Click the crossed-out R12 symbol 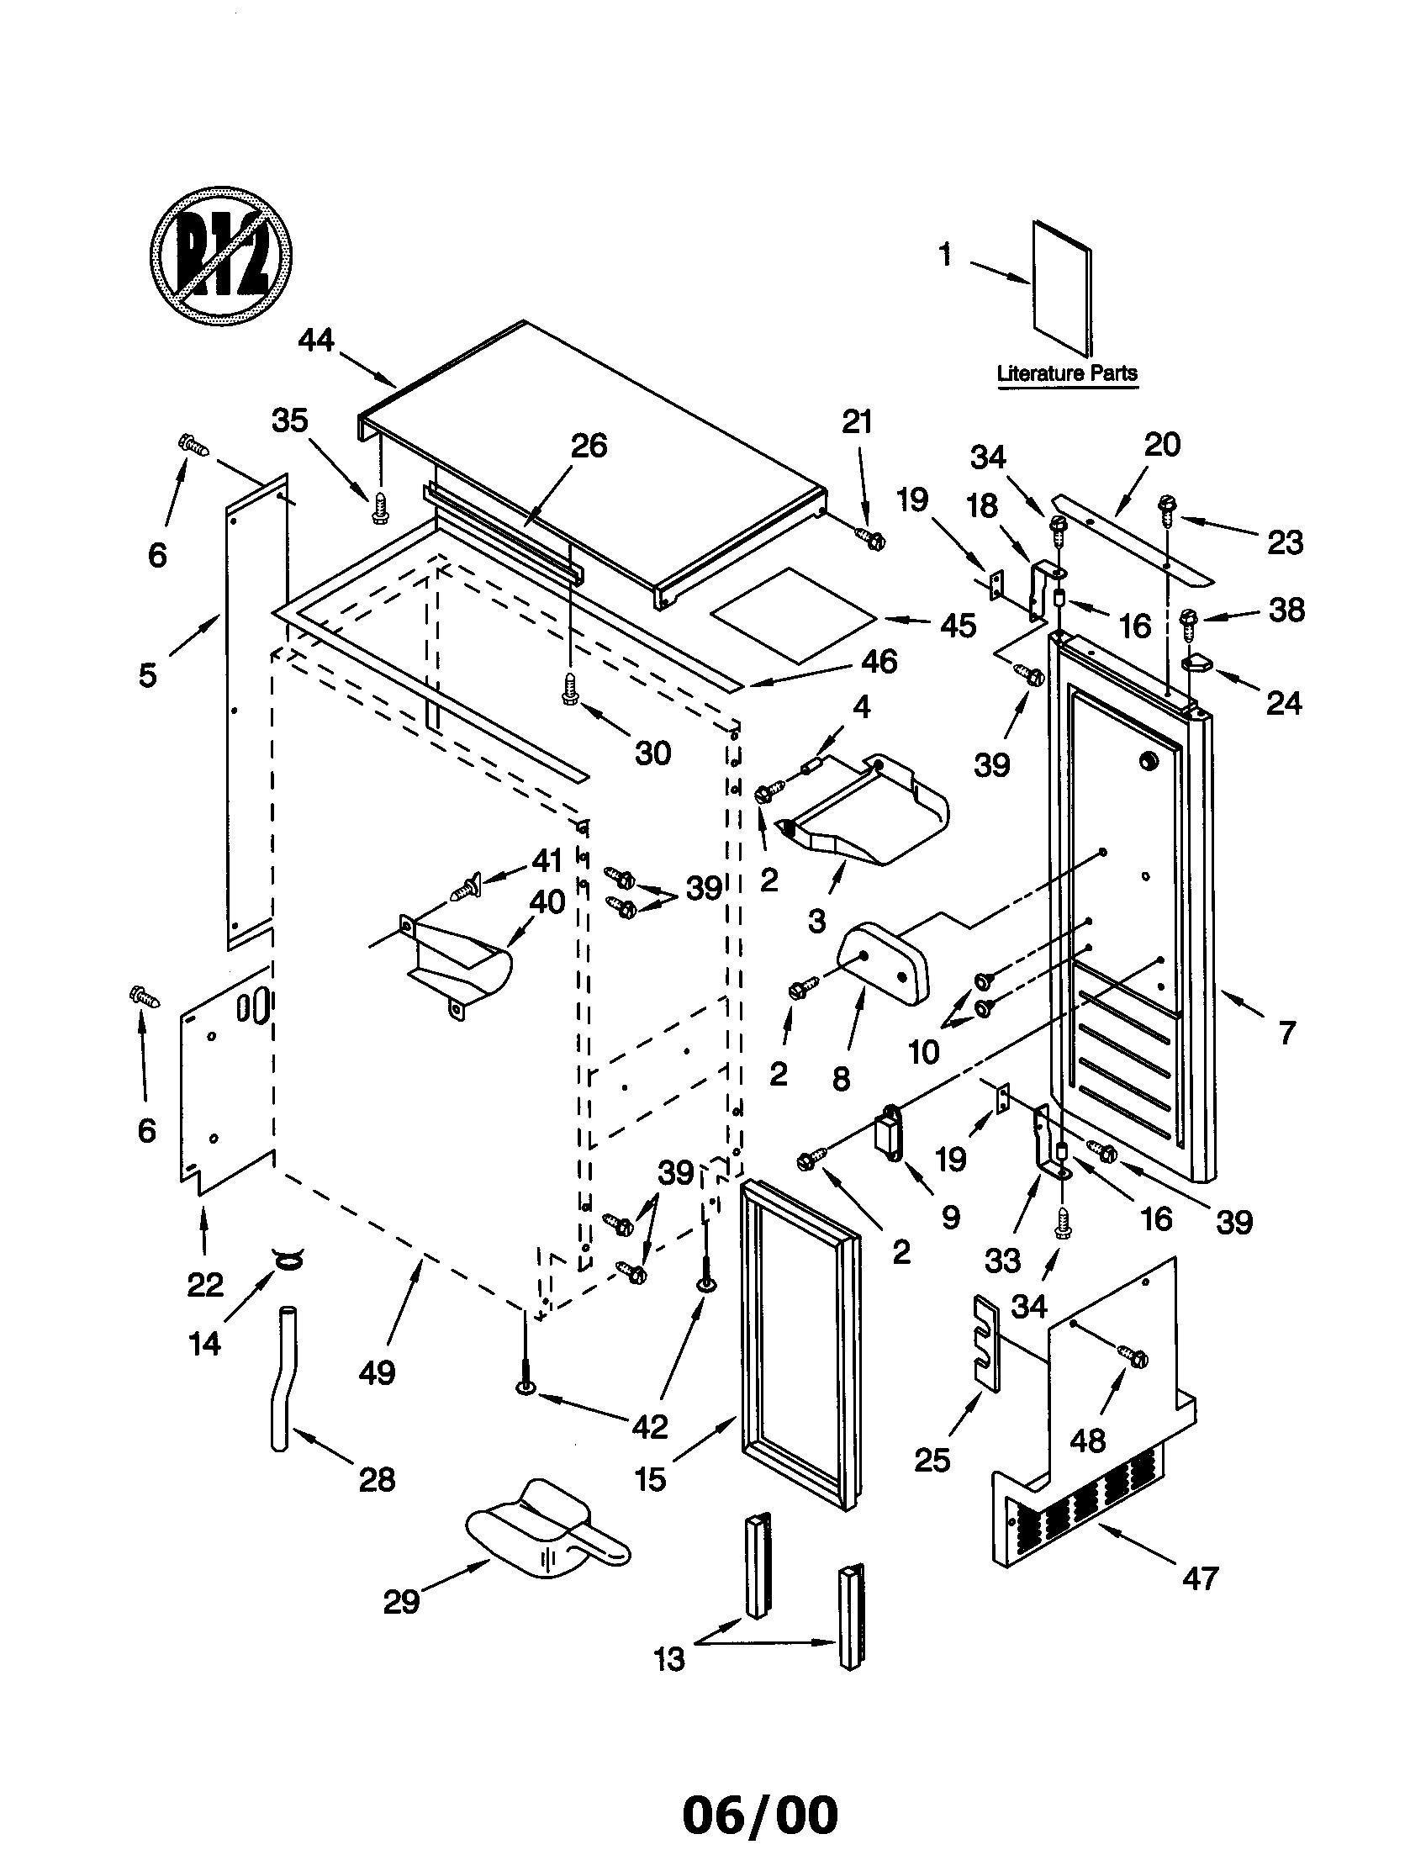(221, 255)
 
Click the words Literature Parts (1066, 373)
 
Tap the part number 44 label (316, 341)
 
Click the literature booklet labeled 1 (1062, 288)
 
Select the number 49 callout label (377, 1372)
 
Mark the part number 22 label (205, 1285)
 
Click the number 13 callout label (668, 1658)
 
